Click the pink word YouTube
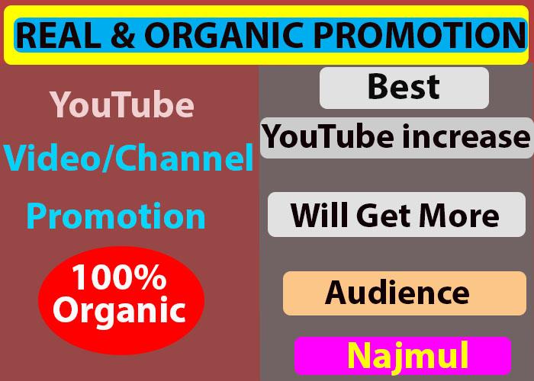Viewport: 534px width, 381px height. click(x=121, y=105)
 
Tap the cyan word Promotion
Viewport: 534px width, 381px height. click(x=116, y=216)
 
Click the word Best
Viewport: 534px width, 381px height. click(x=404, y=87)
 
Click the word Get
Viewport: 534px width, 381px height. click(x=385, y=216)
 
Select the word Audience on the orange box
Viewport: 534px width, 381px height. click(x=397, y=292)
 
